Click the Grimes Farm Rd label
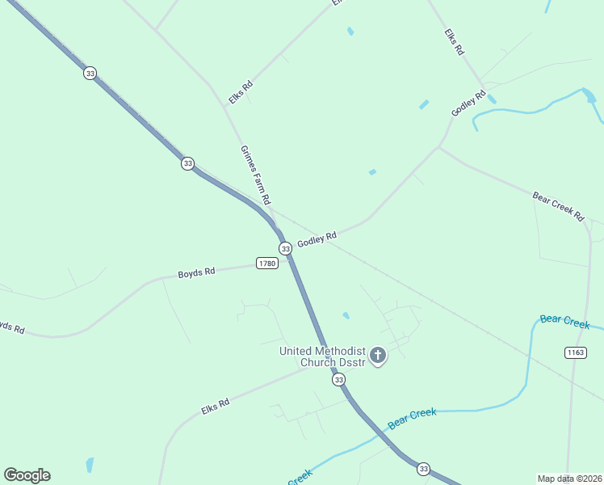click(x=255, y=175)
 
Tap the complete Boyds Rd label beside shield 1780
click(x=196, y=273)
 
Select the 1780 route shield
click(x=267, y=264)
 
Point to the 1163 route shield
click(x=575, y=352)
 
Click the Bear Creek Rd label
click(x=558, y=206)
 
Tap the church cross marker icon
click(x=377, y=355)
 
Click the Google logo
click(x=27, y=474)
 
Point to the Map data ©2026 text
click(x=569, y=479)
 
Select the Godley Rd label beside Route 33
click(x=317, y=239)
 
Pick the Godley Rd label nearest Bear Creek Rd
click(x=468, y=103)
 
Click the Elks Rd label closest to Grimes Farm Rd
click(x=241, y=91)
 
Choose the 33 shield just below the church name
click(x=338, y=379)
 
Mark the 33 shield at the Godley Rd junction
click(x=285, y=248)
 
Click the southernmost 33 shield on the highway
click(x=423, y=469)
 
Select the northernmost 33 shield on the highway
click(x=90, y=73)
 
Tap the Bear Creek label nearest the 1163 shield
click(x=565, y=322)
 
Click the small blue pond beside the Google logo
click(x=90, y=465)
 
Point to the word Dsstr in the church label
click(x=350, y=362)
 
